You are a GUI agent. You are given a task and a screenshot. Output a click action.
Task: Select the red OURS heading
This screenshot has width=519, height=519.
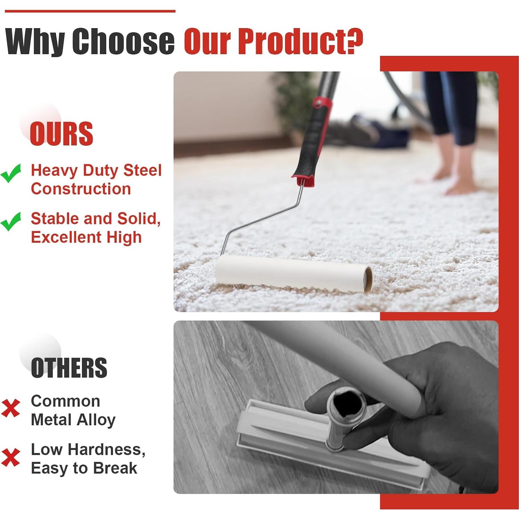coord(61,134)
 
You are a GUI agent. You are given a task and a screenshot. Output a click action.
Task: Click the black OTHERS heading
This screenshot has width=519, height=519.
coord(69,368)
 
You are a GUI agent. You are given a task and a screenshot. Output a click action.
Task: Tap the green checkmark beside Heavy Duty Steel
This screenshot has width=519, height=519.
coord(11,173)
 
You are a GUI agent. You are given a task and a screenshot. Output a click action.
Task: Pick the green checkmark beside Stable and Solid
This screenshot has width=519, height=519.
coord(11,221)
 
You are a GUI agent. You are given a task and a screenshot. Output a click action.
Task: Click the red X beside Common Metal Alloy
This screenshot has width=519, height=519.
coord(10,408)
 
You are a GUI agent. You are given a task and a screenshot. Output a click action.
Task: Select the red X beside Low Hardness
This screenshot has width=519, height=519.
coord(10,457)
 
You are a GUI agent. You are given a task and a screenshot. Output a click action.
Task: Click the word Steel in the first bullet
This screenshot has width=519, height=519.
coord(143,170)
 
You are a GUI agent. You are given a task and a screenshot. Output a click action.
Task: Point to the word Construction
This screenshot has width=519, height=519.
coord(81,189)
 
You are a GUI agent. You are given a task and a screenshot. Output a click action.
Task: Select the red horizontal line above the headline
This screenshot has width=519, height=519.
coord(90,11)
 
